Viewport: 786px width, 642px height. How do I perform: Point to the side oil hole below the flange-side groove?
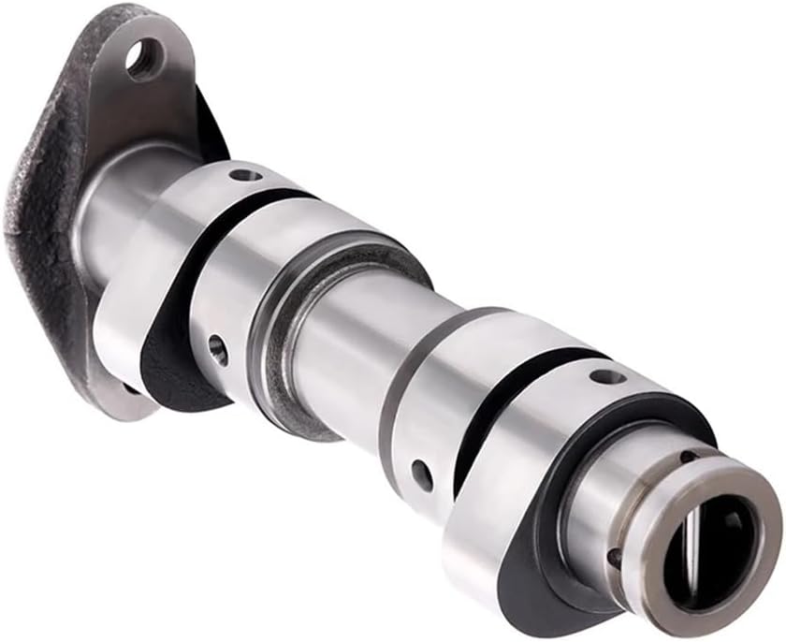(217, 349)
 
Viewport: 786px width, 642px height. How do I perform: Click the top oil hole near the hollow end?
(605, 378)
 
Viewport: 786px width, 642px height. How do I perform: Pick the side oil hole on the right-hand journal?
(422, 474)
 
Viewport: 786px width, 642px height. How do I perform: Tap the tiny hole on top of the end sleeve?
(689, 457)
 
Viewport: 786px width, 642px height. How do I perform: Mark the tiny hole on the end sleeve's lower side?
(615, 558)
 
